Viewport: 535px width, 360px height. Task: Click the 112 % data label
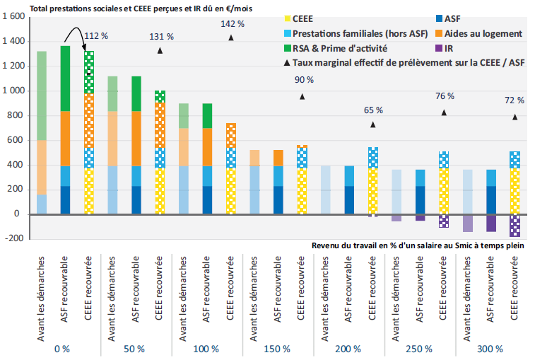[x=95, y=35]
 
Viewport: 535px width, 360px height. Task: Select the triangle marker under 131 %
[x=160, y=51]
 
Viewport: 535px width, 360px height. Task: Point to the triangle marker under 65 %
[x=372, y=124]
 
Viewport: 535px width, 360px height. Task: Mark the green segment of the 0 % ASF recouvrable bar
[x=65, y=79]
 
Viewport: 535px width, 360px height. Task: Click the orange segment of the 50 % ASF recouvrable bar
[x=136, y=139]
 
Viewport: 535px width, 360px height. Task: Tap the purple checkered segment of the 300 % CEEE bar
[x=514, y=226]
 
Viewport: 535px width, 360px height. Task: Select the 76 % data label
[x=444, y=96]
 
